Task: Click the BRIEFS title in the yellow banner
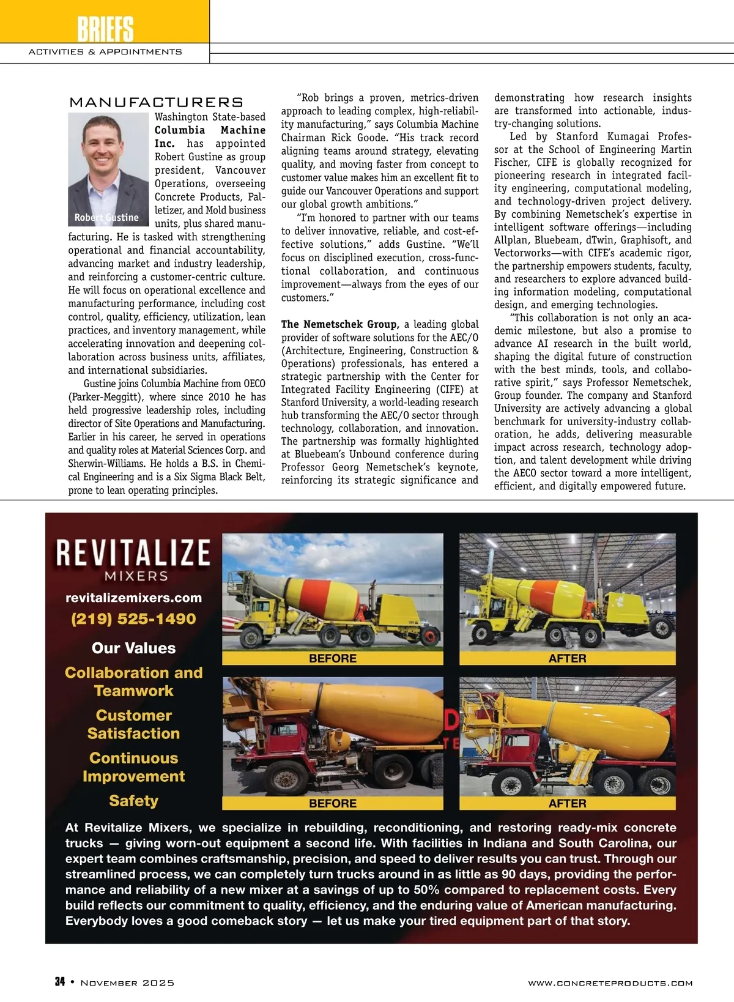(x=105, y=28)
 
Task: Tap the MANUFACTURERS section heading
(x=156, y=102)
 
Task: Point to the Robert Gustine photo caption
(x=106, y=217)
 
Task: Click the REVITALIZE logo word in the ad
(x=133, y=552)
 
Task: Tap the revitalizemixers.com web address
(x=133, y=598)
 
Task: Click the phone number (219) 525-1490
(x=133, y=618)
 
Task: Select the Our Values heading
(x=133, y=648)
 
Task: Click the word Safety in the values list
(x=133, y=800)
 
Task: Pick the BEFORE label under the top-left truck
(x=332, y=658)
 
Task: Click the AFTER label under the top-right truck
(x=567, y=658)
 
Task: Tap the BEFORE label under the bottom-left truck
(x=332, y=803)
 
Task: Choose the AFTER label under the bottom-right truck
(x=567, y=803)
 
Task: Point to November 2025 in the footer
(x=127, y=982)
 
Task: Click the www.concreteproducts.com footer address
(x=610, y=983)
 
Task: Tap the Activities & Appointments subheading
(x=105, y=52)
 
